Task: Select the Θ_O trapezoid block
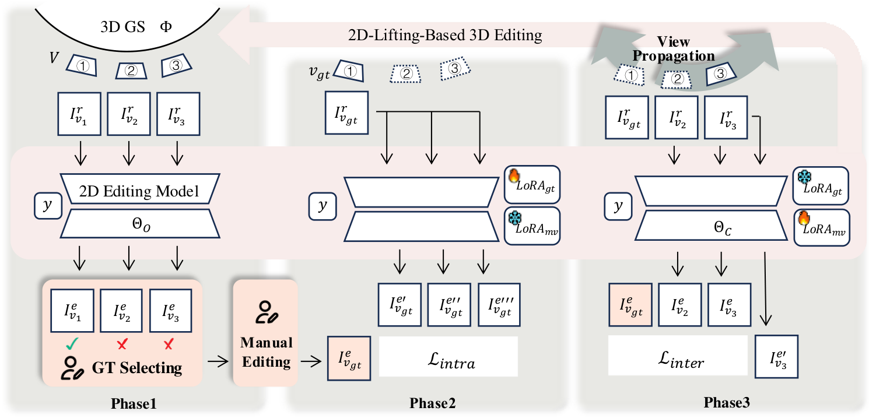coord(139,222)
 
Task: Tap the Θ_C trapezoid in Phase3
coord(706,222)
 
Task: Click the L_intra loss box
coord(448,356)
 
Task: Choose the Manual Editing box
coord(265,333)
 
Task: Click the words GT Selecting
coord(135,367)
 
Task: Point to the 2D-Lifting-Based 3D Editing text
coord(444,35)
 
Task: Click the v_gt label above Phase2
coord(320,73)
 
